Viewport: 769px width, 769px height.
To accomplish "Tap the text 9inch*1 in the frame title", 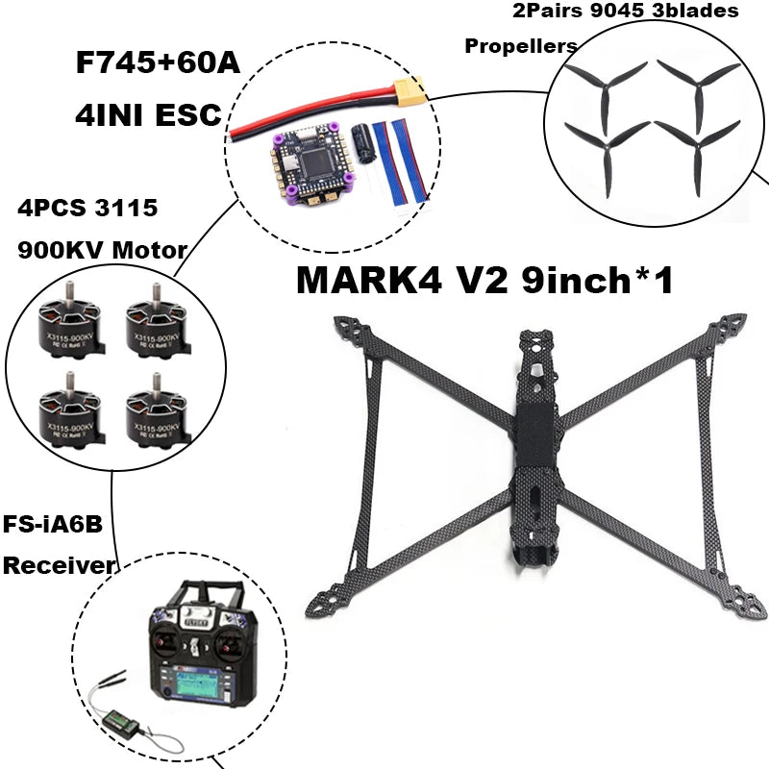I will [596, 281].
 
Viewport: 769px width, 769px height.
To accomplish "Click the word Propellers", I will [521, 46].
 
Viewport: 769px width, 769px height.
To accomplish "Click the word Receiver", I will [58, 565].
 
